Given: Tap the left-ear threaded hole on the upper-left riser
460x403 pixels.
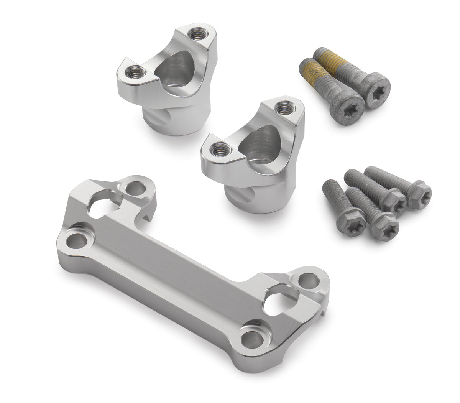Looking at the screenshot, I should pos(135,71).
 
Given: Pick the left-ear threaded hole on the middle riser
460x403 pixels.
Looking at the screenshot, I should pos(220,147).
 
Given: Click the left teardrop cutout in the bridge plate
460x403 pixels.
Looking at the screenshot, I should pos(102,207).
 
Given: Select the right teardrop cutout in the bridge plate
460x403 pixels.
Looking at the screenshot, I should pos(281,303).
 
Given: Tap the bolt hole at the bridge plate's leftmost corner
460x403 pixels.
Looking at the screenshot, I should pos(76,241).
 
